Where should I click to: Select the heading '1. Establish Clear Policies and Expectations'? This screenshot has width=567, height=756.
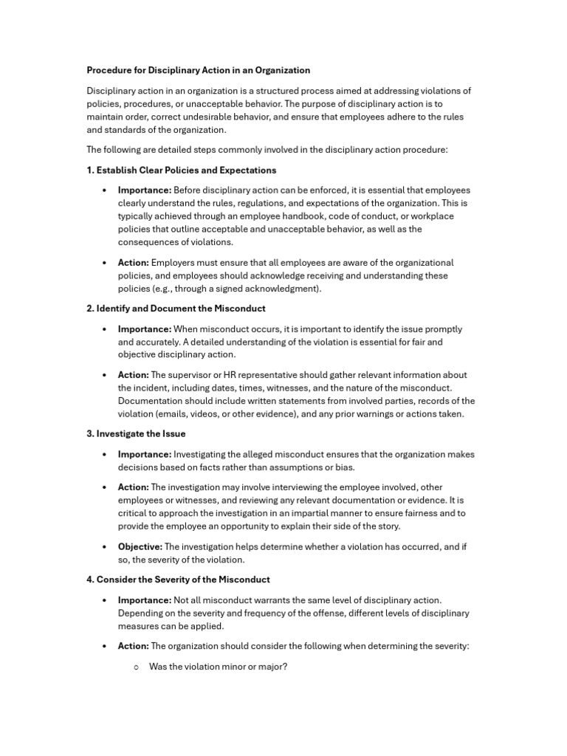point(182,170)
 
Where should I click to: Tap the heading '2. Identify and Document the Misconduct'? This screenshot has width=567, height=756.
point(176,308)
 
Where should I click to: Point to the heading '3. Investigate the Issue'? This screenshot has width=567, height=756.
point(136,433)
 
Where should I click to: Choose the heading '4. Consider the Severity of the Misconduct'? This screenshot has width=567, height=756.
point(178,580)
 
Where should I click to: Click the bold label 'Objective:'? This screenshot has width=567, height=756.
point(140,546)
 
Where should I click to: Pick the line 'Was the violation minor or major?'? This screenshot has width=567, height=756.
point(218,666)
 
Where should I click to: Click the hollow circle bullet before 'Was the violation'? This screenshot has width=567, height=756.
point(137,667)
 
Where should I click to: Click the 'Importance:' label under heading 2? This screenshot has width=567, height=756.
point(145,329)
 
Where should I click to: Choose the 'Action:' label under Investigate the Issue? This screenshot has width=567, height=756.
point(134,487)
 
